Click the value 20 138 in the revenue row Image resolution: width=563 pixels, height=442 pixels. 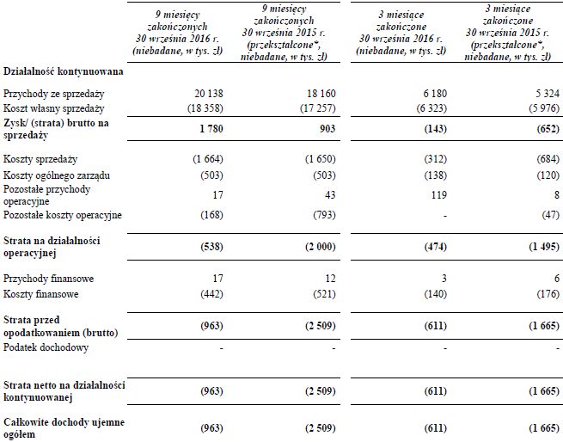click(x=205, y=91)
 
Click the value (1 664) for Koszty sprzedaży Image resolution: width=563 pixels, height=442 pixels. click(x=203, y=161)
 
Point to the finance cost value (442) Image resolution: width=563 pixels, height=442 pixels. click(x=208, y=294)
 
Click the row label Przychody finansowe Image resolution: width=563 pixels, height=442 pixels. click(x=48, y=279)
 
